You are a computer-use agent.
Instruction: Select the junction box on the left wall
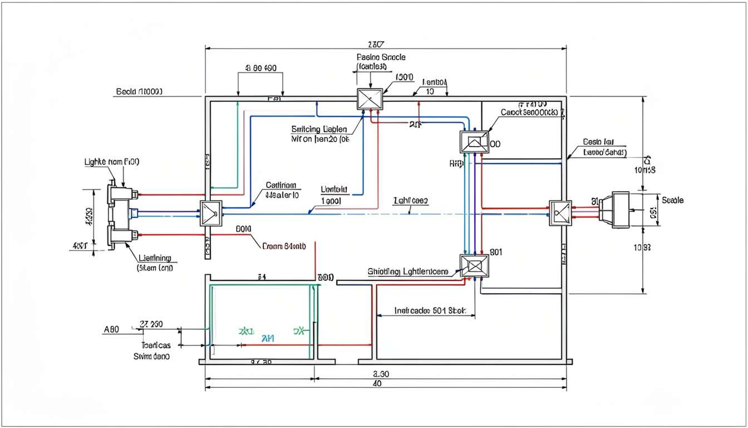pyautogui.click(x=211, y=213)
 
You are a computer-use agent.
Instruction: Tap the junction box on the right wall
pyautogui.click(x=560, y=213)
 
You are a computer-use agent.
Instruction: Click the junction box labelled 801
pyautogui.click(x=474, y=266)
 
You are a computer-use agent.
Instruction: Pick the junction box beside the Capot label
pyautogui.click(x=474, y=142)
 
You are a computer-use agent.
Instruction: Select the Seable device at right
pyautogui.click(x=618, y=210)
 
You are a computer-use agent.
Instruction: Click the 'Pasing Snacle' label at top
pyautogui.click(x=381, y=57)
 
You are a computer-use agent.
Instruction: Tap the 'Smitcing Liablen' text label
pyautogui.click(x=319, y=129)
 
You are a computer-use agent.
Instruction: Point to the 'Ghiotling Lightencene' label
pyautogui.click(x=407, y=271)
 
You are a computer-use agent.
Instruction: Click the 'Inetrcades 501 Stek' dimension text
pyautogui.click(x=429, y=310)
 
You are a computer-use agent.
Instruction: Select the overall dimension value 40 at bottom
pyautogui.click(x=377, y=384)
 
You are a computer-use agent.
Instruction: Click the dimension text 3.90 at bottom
pyautogui.click(x=380, y=374)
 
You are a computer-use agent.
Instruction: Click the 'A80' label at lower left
pyautogui.click(x=112, y=329)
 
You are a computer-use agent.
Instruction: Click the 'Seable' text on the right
pyautogui.click(x=673, y=200)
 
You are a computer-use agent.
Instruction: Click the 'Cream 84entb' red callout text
pyautogui.click(x=283, y=245)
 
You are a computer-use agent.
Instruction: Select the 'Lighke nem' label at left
pyautogui.click(x=111, y=162)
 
